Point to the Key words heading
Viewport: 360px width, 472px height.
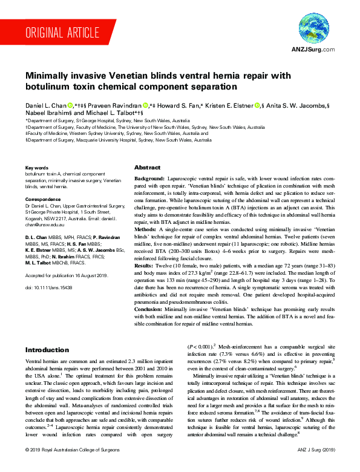(36, 168)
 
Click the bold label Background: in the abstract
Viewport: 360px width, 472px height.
(150, 180)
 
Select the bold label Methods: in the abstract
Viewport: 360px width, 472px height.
(147, 231)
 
